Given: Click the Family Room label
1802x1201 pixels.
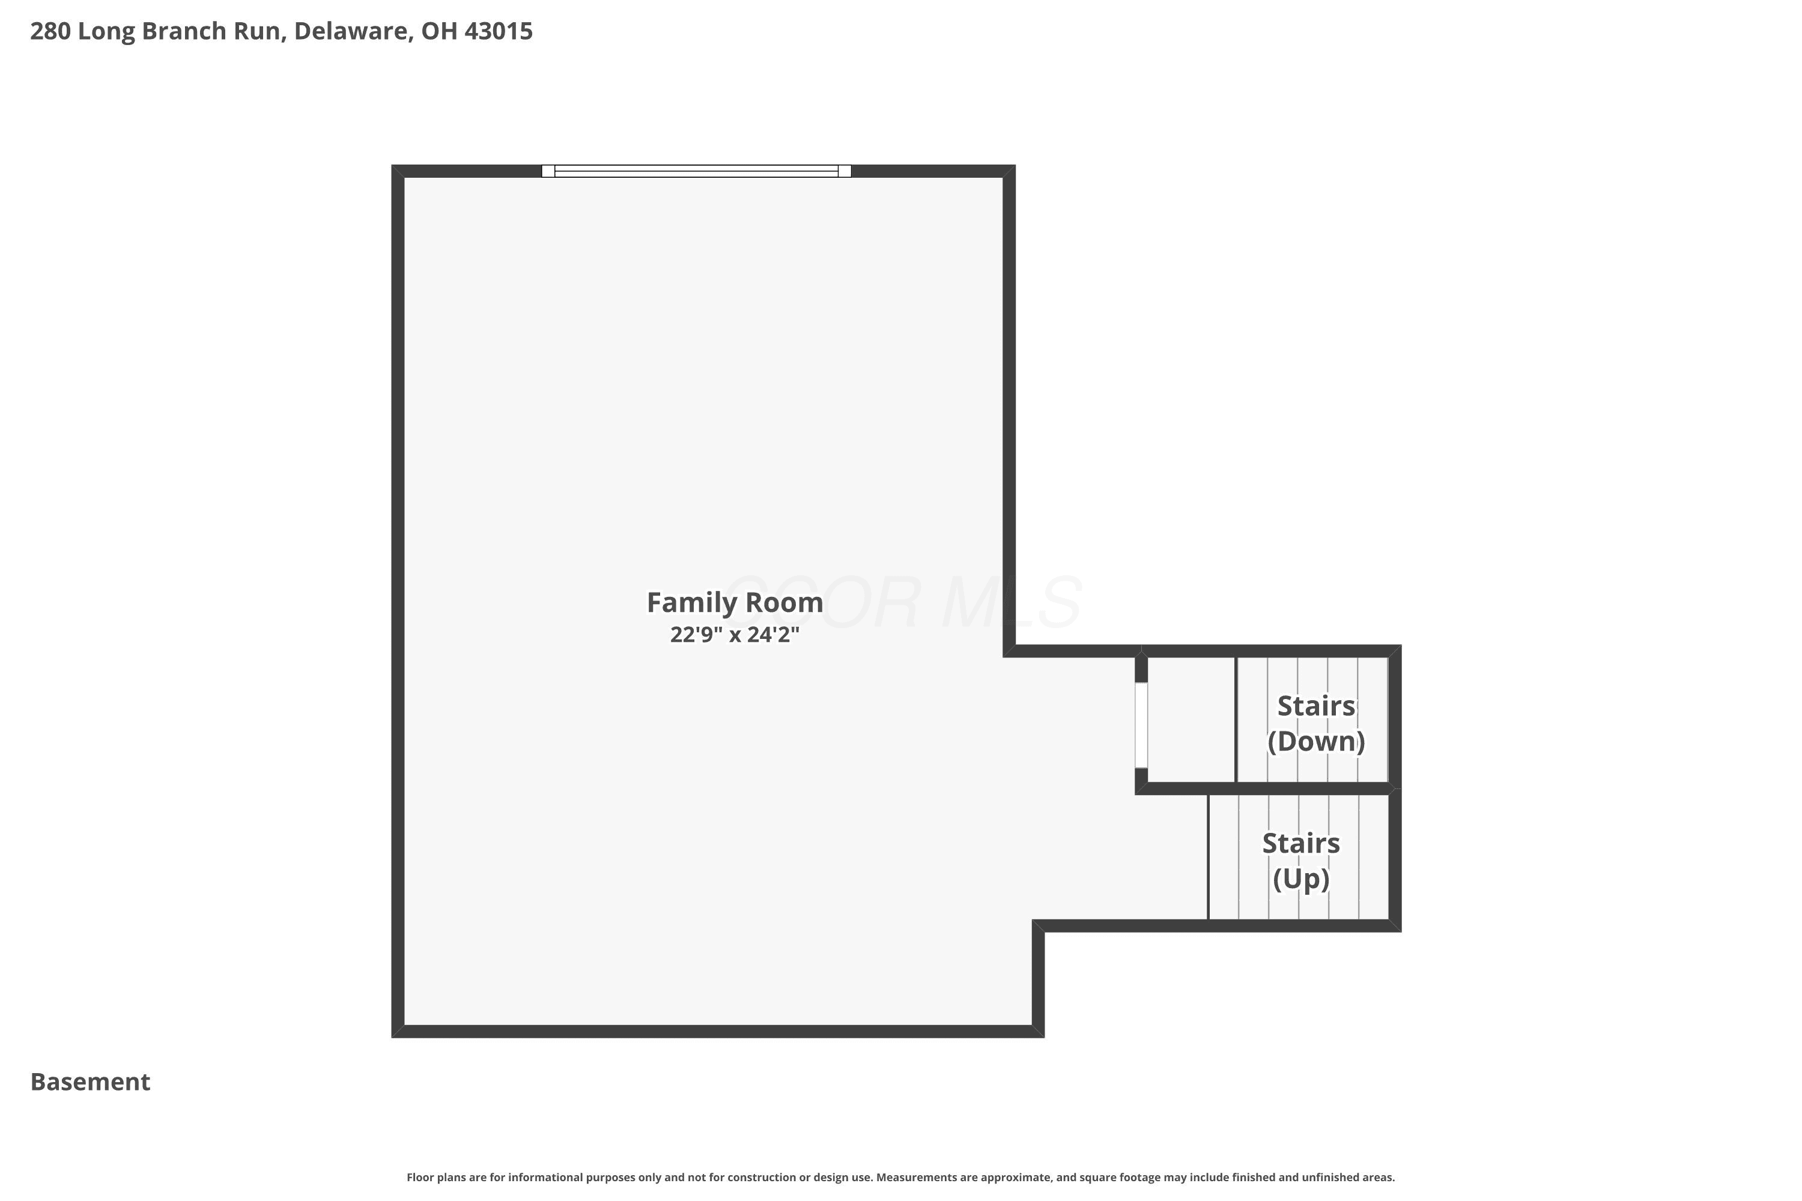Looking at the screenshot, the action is point(735,604).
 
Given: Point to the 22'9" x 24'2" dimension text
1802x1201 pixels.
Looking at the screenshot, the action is point(735,635).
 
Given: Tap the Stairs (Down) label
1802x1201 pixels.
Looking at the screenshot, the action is point(1315,723).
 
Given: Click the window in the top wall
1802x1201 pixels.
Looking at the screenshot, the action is point(696,171).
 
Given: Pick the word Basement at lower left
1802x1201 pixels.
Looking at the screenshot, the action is point(91,1082).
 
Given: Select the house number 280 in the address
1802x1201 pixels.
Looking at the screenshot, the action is point(50,31).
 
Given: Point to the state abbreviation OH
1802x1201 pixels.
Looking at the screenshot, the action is point(439,31).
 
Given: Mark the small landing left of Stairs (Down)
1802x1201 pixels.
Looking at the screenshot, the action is point(1191,720).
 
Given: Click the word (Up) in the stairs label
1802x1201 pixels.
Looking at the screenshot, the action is point(1301,878).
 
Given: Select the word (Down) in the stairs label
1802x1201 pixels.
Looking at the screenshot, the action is point(1315,740).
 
